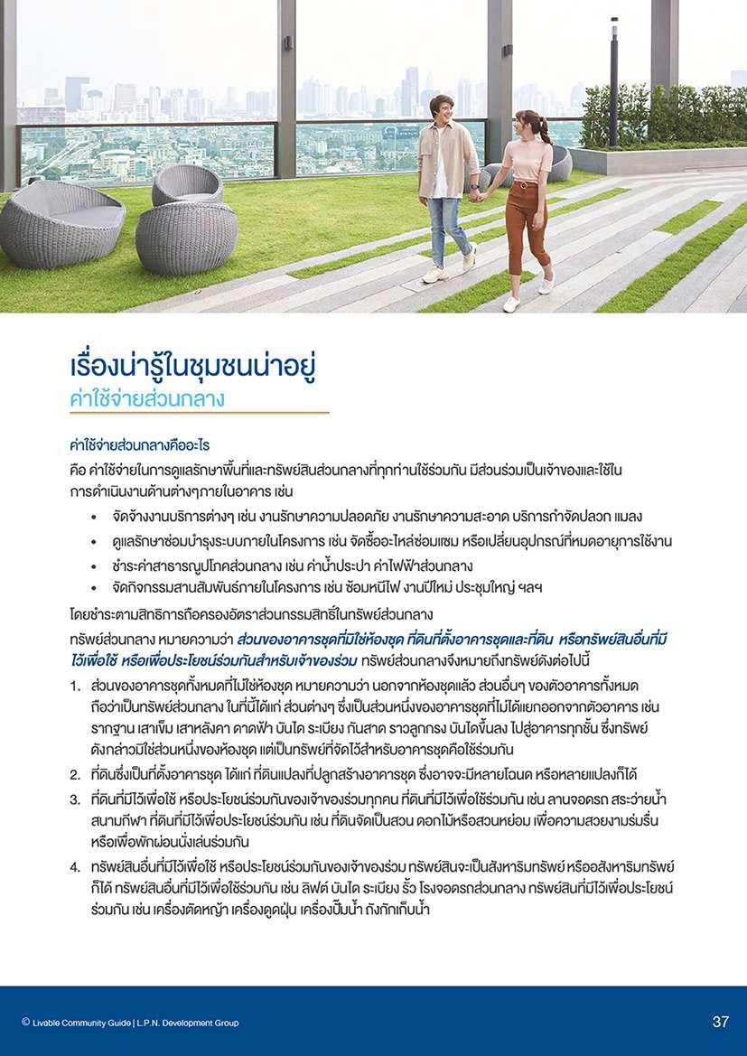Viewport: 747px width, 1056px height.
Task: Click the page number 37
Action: tap(720, 1023)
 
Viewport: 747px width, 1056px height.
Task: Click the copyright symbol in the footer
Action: tap(25, 1023)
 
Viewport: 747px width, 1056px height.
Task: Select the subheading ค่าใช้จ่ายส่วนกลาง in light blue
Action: tap(146, 398)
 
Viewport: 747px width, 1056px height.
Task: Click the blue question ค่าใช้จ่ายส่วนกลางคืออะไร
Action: tap(139, 445)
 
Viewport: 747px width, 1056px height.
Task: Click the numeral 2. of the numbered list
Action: tap(77, 774)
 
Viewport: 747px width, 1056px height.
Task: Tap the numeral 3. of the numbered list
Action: tap(77, 799)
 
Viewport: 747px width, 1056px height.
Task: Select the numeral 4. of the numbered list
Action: tap(77, 866)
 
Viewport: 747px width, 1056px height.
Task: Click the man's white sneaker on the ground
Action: tap(434, 274)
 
